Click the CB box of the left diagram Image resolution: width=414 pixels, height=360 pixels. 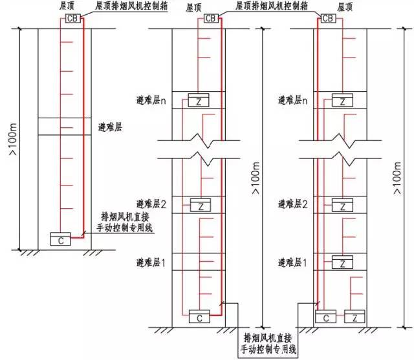(72, 18)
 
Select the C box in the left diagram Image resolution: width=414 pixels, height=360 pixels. (60, 239)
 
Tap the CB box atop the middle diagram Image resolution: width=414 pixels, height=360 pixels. (212, 18)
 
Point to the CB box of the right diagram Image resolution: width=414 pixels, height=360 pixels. (328, 18)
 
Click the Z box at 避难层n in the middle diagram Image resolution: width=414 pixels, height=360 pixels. (199, 100)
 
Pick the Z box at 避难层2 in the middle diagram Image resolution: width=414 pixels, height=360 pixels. (201, 205)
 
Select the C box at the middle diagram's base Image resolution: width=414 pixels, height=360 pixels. (199, 316)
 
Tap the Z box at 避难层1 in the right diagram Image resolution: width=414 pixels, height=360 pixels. (342, 262)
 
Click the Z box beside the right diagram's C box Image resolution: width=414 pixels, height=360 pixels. (354, 316)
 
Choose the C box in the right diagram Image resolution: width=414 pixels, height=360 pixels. (326, 316)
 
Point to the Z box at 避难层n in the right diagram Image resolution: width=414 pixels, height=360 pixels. (342, 100)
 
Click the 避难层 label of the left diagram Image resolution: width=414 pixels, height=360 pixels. (110, 127)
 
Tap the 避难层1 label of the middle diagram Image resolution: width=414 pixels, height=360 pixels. (151, 262)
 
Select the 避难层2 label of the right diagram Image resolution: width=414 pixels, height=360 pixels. (292, 204)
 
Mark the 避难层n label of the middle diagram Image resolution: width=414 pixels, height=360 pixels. (151, 100)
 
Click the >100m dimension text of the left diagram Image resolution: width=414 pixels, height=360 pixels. (13, 139)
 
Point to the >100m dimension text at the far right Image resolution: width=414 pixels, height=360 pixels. (397, 178)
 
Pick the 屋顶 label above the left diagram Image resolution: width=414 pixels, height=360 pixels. (67, 6)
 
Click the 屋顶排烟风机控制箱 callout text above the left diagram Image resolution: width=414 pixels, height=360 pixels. (131, 6)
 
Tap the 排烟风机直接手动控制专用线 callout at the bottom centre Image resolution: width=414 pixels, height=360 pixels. (268, 343)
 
